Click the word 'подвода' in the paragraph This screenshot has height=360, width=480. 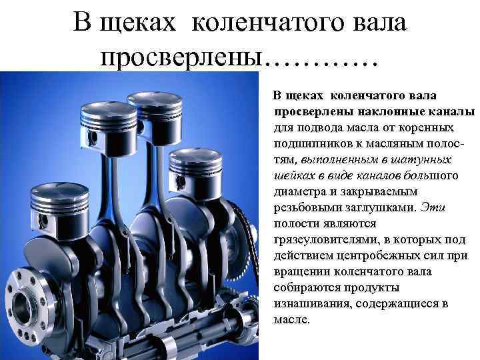313,127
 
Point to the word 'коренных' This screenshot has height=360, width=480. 427,127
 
